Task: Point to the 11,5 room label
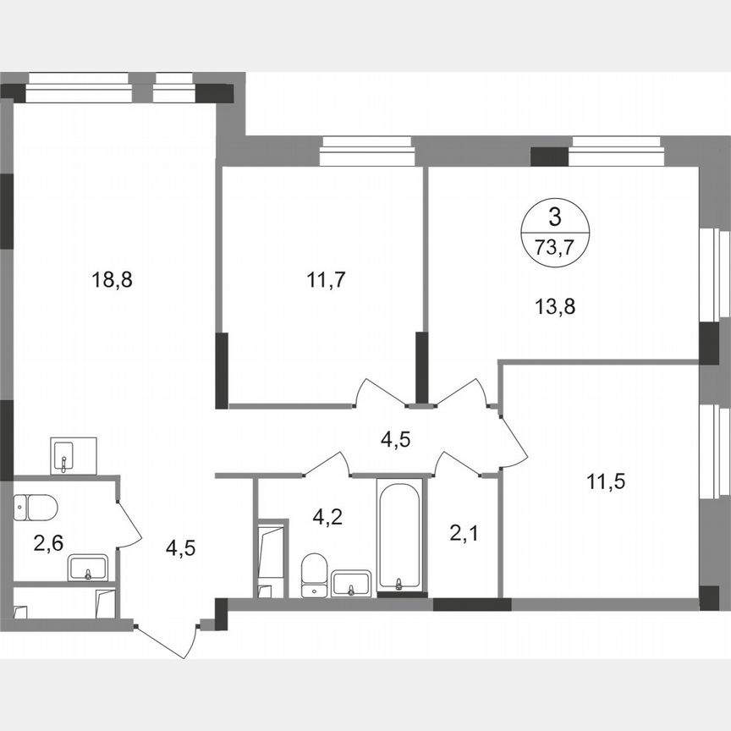point(607,482)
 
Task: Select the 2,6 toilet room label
point(47,542)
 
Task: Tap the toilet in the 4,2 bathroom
point(314,574)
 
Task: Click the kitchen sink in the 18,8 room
point(73,456)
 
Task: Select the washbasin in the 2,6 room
point(88,568)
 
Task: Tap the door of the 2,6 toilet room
point(126,525)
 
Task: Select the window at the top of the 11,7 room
point(366,153)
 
